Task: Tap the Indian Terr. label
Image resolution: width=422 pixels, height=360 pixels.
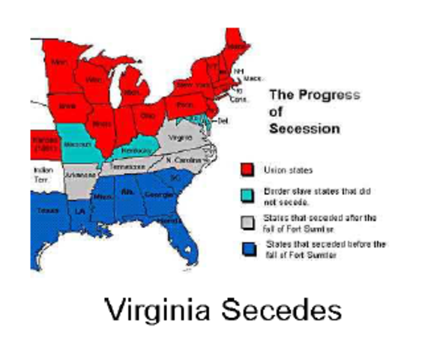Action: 43,174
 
